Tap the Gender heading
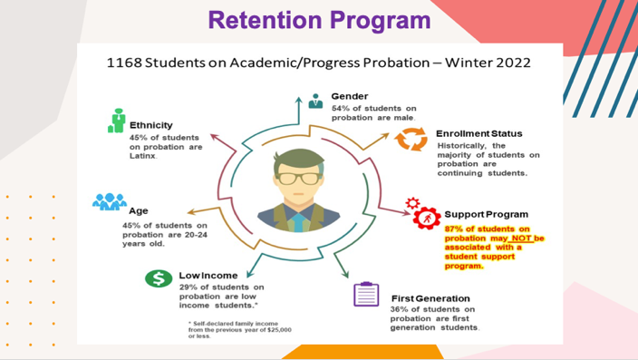349,95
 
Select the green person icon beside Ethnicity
116,121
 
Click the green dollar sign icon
158,279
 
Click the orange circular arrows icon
412,139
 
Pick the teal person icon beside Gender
315,100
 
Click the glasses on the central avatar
297,177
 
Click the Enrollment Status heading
479,133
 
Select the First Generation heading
430,297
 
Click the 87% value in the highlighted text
455,229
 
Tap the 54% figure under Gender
343,109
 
